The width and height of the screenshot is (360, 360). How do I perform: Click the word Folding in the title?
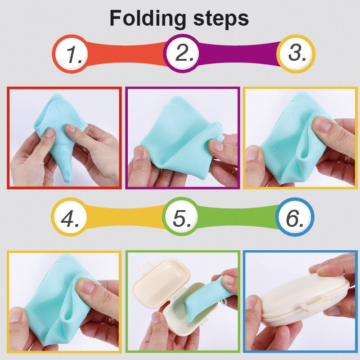147,19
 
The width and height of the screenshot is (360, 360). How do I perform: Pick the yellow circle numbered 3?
296,54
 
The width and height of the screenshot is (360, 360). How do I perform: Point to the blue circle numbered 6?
295,218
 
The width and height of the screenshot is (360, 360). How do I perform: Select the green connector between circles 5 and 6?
238,217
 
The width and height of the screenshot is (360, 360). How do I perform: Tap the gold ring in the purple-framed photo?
234,170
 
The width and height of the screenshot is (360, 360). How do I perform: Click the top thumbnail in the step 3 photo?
324,126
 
